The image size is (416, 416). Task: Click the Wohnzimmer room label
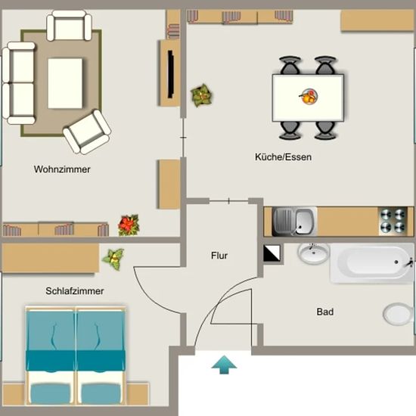coord(62,169)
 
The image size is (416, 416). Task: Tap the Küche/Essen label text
coord(283,157)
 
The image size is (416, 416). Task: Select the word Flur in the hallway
coord(219,256)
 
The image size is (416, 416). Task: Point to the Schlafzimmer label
coord(75,291)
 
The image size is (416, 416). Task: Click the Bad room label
coord(325,312)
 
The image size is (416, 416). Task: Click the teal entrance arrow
coord(224,365)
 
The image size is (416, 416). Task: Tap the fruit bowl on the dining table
coord(309,97)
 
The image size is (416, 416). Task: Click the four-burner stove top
coord(393,222)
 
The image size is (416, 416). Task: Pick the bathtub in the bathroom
coord(371,263)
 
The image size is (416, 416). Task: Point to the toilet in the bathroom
coord(399,315)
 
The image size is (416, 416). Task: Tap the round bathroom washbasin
coord(313,253)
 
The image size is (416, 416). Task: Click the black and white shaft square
coord(272,253)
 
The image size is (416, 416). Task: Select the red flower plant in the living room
coord(129,225)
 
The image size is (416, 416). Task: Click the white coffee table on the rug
coord(65,83)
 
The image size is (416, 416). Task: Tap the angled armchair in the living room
coord(87,132)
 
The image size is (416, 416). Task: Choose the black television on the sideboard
coord(171,75)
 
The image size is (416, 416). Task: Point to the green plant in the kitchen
coord(202,95)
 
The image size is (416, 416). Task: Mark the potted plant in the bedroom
coord(113,259)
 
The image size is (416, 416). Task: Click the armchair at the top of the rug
coord(69,26)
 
